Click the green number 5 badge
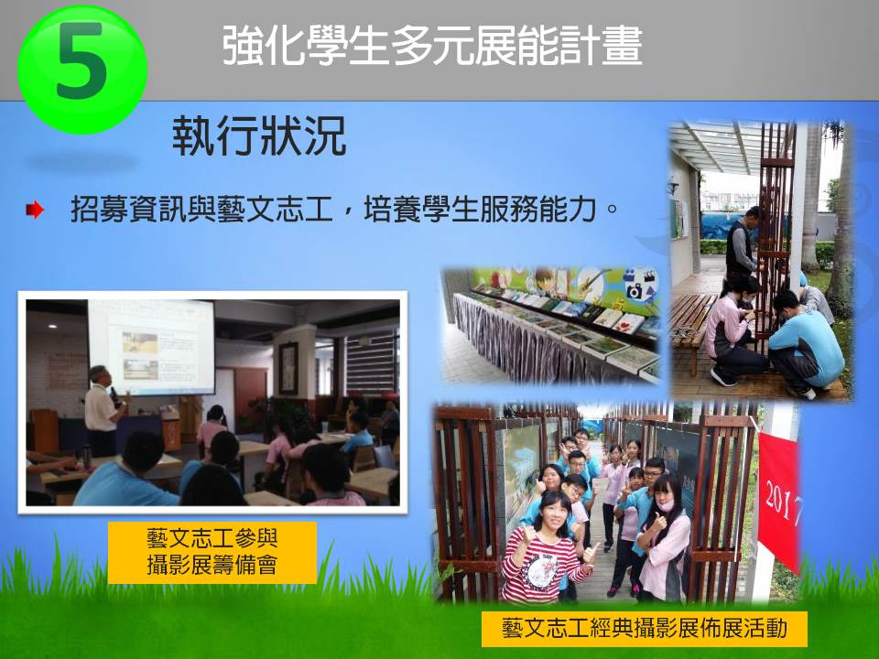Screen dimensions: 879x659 (x=82, y=70)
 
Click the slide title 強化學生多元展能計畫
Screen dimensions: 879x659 (x=432, y=45)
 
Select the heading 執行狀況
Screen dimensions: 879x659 (x=259, y=136)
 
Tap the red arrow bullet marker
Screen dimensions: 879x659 (x=35, y=211)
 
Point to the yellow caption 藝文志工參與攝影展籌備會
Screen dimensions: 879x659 (x=212, y=553)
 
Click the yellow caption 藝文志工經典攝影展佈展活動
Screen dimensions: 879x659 (x=644, y=628)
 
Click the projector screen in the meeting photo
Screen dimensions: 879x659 (x=151, y=348)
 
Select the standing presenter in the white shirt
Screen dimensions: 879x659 (x=103, y=411)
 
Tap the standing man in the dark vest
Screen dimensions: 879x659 (x=743, y=243)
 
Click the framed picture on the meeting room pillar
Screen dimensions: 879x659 (x=288, y=368)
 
